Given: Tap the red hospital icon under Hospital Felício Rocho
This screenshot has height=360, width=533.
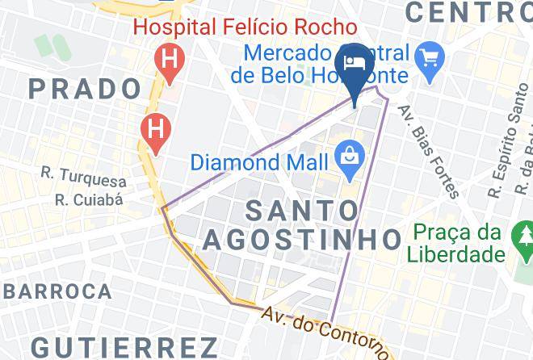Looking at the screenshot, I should (x=169, y=59).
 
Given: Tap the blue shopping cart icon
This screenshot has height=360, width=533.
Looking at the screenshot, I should (x=426, y=57).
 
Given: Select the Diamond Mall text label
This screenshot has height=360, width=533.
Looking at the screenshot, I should (x=259, y=161).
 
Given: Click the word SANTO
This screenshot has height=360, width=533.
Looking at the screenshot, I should (x=301, y=211).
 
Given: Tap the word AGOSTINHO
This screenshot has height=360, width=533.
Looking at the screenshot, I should (x=301, y=239).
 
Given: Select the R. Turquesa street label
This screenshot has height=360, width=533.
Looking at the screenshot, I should (x=85, y=180).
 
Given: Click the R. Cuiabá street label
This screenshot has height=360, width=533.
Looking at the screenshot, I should (x=89, y=199).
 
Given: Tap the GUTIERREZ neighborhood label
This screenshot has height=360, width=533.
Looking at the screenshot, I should (x=124, y=347).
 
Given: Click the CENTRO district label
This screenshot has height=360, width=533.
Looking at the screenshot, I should (x=468, y=11).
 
